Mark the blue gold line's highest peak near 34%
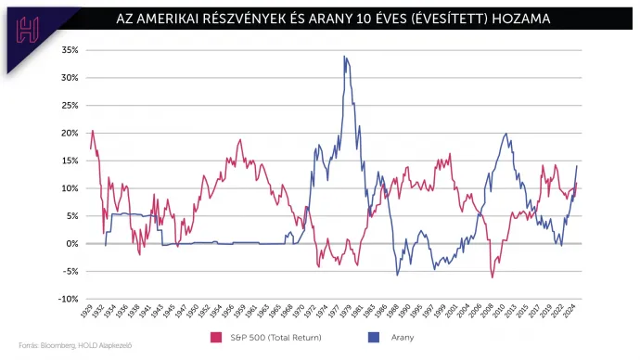point(344,57)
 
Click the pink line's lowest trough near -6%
point(493,277)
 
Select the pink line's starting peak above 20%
point(92,131)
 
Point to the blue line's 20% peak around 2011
point(506,134)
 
